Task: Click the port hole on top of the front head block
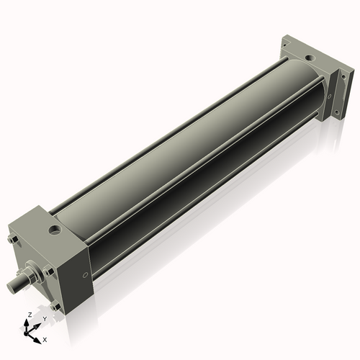[55, 231]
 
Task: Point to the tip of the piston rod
[13, 287]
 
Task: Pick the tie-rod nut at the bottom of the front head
[55, 306]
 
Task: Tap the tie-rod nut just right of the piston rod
[49, 271]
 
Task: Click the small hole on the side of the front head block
[85, 274]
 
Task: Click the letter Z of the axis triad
[28, 315]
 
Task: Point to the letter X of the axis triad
[45, 338]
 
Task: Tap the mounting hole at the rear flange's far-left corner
[286, 45]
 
